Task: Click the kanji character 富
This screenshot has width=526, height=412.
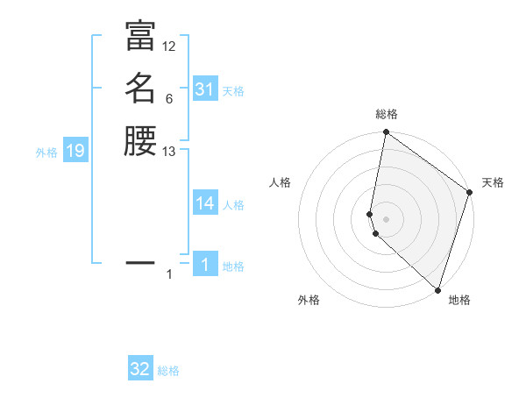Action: coord(140,36)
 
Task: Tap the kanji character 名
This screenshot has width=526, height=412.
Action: coord(140,89)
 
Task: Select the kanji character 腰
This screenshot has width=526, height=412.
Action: coord(140,141)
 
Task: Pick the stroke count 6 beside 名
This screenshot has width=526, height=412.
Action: coord(169,99)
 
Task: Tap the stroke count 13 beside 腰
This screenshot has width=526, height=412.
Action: coord(169,152)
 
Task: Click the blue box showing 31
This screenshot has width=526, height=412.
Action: coord(204,89)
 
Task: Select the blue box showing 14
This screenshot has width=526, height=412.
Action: coord(204,203)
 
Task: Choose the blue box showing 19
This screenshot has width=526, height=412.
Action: coord(75,152)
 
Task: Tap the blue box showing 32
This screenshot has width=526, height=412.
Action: coord(140,369)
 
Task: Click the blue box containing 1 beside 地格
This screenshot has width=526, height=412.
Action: coord(204,265)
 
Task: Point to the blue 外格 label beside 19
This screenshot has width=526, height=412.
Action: coord(46,153)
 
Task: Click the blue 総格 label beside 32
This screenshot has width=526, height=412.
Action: coord(169,371)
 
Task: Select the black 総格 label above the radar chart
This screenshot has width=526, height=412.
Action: coord(387,114)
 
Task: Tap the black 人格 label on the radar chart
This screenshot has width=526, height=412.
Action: coord(281,182)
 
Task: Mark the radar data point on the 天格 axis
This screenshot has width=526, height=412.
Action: coord(470,193)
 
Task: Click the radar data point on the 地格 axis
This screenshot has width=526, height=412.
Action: coord(437,290)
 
